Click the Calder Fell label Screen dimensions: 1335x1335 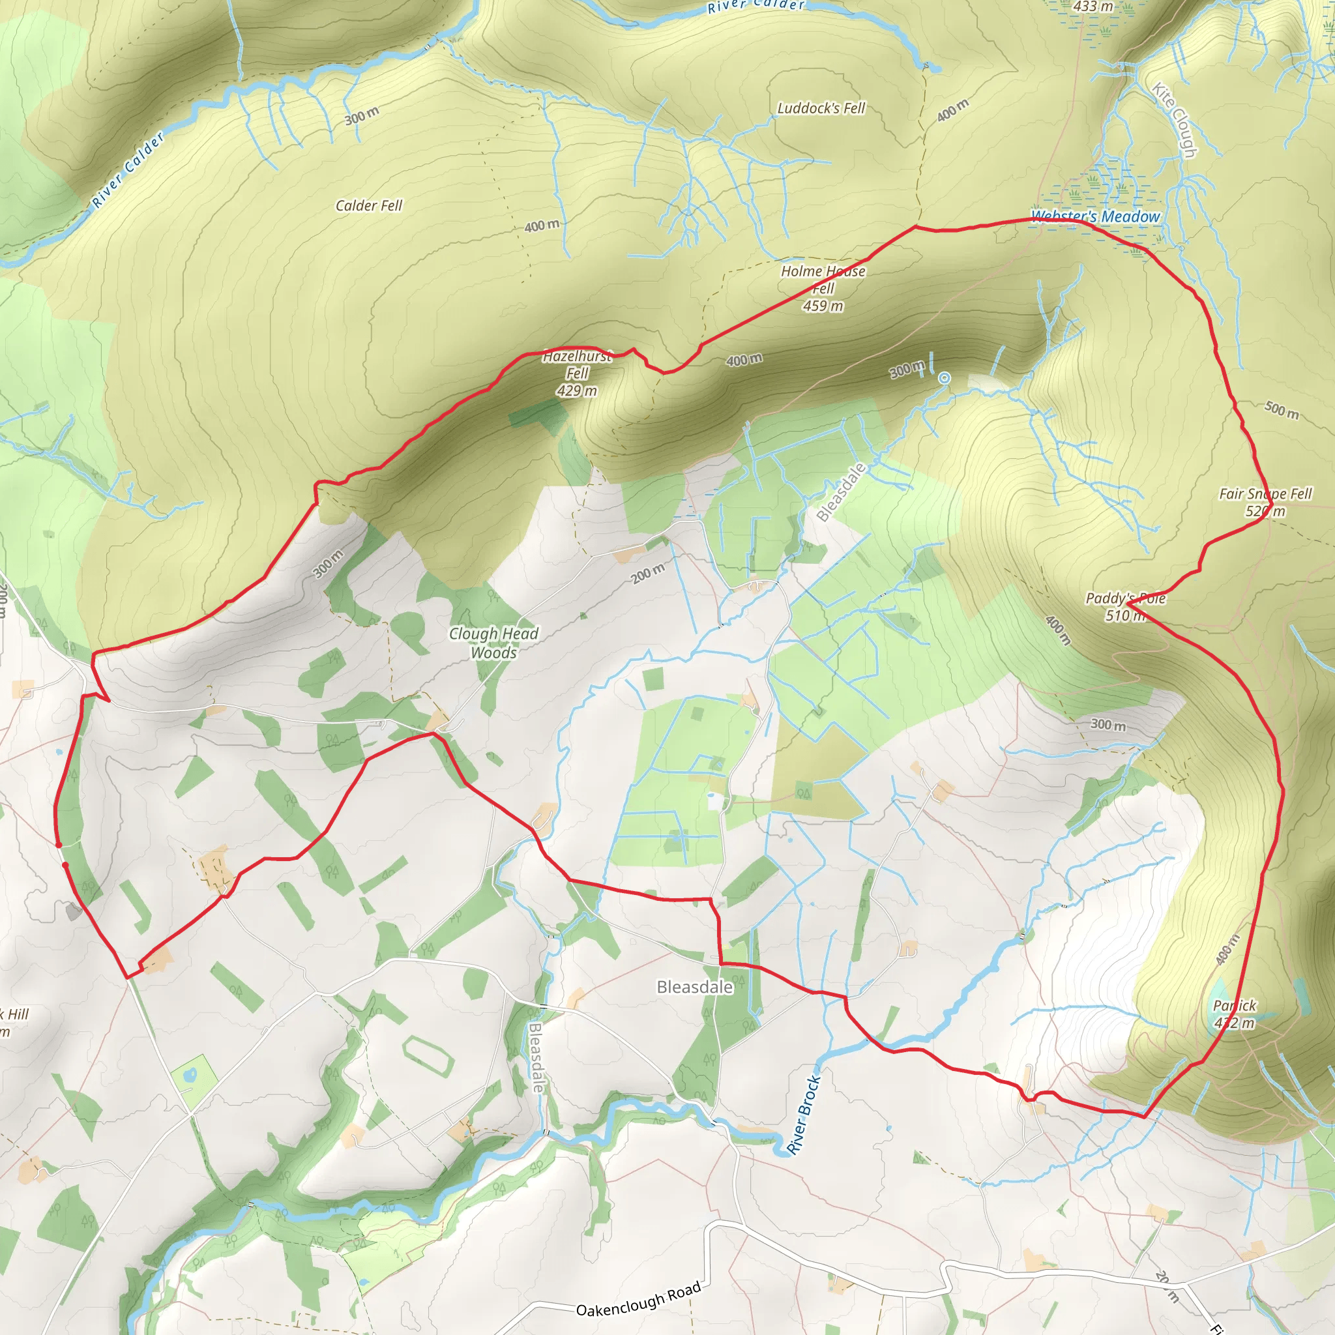[x=368, y=205]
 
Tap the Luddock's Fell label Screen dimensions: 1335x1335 [x=821, y=108]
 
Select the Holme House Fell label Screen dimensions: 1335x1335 [x=823, y=279]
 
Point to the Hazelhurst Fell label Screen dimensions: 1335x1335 [x=577, y=365]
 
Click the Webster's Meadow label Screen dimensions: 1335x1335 [x=1095, y=216]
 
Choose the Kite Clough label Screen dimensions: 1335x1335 [x=1174, y=119]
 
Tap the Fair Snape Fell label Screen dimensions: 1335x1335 [x=1265, y=493]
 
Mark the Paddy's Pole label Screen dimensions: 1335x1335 [x=1125, y=598]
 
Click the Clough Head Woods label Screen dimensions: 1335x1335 [x=493, y=643]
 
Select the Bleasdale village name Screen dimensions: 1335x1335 [x=694, y=987]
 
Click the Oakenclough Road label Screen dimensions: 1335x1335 [x=638, y=1300]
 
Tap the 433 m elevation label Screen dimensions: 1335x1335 [x=1093, y=7]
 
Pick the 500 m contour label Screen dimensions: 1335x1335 [x=1282, y=410]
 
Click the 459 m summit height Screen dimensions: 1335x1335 [x=823, y=306]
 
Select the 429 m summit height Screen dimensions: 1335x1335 [x=577, y=391]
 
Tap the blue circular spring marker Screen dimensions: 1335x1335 [x=944, y=378]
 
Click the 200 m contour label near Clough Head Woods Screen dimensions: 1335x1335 [x=648, y=573]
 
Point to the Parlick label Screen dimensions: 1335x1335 [x=1234, y=1005]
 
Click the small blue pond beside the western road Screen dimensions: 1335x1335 [x=59, y=750]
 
